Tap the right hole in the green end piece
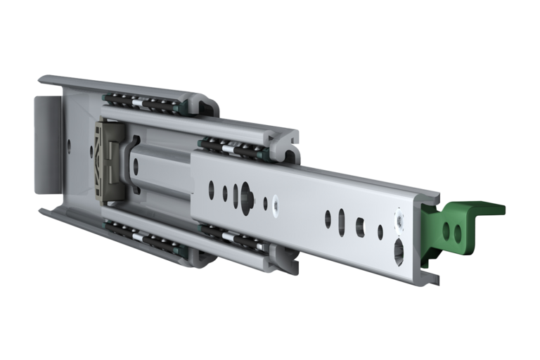pos(458,231)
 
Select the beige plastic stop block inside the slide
pos(110,161)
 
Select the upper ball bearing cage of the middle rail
pos(232,147)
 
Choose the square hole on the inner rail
pos(360,225)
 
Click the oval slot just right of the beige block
pos(136,167)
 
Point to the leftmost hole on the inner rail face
pos(210,188)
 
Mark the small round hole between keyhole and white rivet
pos(265,203)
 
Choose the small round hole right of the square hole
pos(380,231)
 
